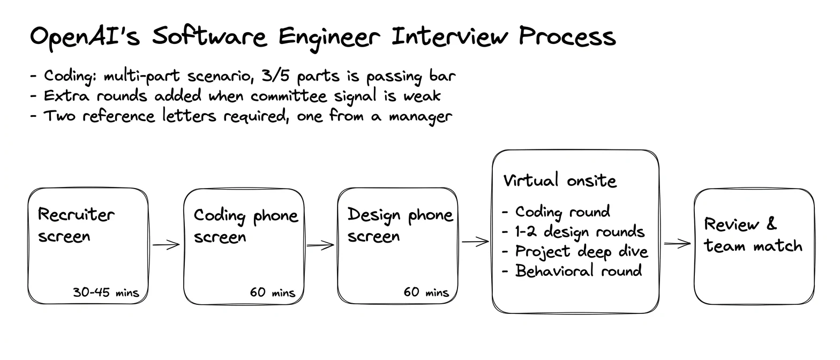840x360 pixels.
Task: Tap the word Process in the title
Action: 567,36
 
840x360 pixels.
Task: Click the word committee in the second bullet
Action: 289,95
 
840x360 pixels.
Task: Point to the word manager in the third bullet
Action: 421,117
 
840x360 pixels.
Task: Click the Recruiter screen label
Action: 76,226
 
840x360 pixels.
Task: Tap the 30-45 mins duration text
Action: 106,292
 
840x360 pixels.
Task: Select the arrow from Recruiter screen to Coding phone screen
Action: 166,245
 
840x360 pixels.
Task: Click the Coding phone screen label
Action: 246,226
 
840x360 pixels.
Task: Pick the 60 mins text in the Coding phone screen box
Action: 273,292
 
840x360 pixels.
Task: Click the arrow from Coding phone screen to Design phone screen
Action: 320,245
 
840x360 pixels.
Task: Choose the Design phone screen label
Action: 400,225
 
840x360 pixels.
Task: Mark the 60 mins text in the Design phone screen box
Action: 426,292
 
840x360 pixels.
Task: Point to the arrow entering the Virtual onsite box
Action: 476,242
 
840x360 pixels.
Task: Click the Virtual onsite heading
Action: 559,181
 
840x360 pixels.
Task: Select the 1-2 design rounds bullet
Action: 573,232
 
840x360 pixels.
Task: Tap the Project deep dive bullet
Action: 575,252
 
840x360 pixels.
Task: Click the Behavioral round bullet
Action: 572,271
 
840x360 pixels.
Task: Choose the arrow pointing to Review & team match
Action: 677,244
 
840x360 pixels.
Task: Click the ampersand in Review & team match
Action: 771,224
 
